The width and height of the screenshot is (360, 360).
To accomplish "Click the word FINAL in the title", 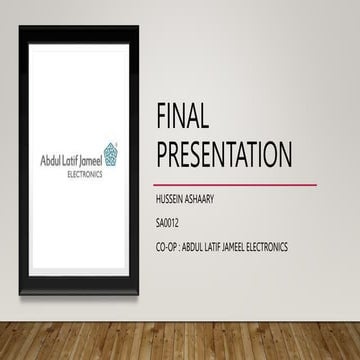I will (182, 119).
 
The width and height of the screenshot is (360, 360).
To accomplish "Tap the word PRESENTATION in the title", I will (224, 155).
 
